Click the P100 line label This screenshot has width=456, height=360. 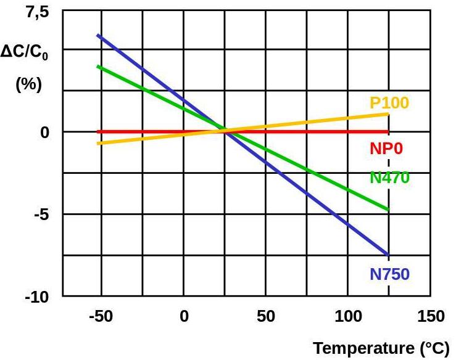point(389,103)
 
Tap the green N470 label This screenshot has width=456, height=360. point(389,178)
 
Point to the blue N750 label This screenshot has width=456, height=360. point(389,274)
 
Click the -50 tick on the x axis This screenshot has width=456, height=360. point(101,317)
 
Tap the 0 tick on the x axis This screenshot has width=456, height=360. point(183,317)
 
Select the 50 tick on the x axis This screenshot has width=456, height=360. point(265,317)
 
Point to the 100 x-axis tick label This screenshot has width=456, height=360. point(347,317)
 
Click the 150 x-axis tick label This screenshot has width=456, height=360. point(430,317)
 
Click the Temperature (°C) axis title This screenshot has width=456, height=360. point(381,348)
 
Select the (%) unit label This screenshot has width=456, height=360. point(28,84)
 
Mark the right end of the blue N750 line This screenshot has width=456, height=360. point(388,255)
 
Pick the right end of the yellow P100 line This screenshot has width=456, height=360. point(388,114)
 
